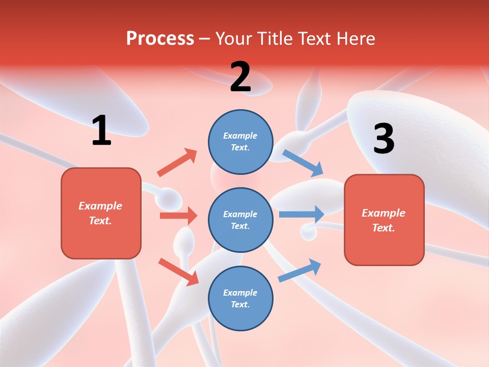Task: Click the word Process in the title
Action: [x=160, y=39]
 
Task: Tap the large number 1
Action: [x=101, y=130]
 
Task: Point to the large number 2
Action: [x=240, y=77]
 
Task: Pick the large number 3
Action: [x=384, y=139]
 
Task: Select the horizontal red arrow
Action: [x=178, y=216]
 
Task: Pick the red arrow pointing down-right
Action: [x=178, y=272]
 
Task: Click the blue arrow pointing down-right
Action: [x=303, y=163]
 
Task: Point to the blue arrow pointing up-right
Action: [x=300, y=271]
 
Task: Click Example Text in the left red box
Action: [x=100, y=213]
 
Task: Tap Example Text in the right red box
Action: [x=384, y=220]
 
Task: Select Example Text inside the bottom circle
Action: [x=240, y=298]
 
